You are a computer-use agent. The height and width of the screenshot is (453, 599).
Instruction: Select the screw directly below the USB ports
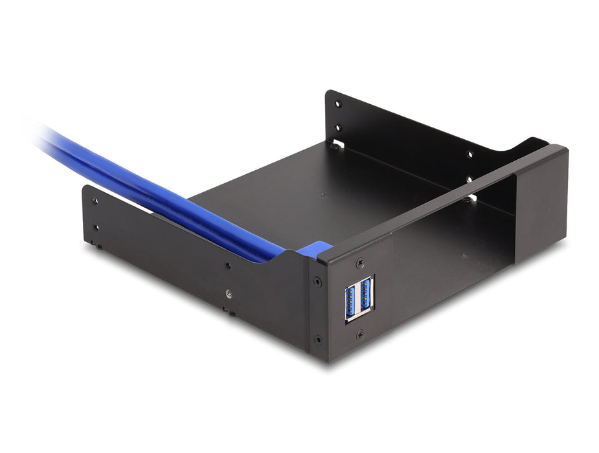point(360,333)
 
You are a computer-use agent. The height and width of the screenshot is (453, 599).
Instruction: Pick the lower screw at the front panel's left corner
point(318,338)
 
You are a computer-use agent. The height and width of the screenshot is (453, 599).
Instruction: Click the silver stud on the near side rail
point(228,293)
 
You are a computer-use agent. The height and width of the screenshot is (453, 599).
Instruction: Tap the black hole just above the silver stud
point(228,265)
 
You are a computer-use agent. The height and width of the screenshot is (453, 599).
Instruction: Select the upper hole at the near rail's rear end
point(95,201)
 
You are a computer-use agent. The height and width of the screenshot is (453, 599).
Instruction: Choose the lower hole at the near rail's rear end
point(96,228)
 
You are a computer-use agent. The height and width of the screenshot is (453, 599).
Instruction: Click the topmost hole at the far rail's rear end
point(337,104)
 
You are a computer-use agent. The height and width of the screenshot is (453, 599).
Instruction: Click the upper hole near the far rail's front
point(470,154)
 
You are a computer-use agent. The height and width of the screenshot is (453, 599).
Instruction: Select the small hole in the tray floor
point(321,193)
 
